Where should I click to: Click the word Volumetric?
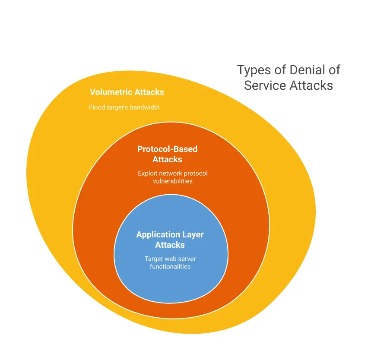pos(111,92)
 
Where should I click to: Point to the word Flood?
pos(97,107)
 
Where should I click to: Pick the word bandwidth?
pos(144,107)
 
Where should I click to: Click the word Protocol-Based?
pos(167,149)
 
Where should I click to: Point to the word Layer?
pos(193,235)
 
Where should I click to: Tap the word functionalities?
pos(170,267)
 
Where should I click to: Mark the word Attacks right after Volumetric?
pos(149,92)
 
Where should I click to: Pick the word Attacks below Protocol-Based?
pos(167,159)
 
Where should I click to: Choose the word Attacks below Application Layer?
pos(170,245)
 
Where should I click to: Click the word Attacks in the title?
pos(311,85)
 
